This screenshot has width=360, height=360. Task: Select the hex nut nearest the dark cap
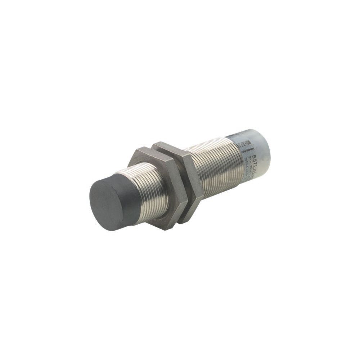(158, 187)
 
